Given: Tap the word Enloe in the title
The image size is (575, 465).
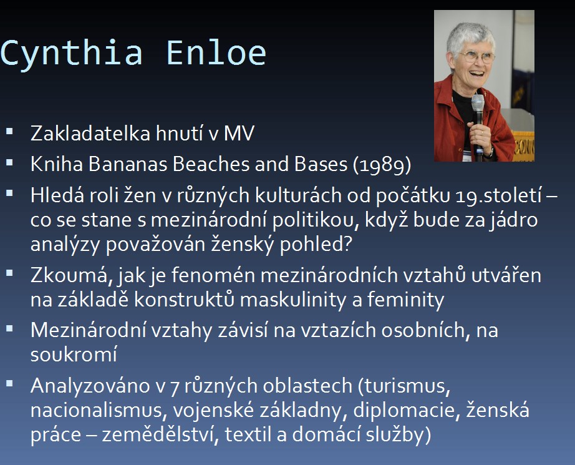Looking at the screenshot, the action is click(x=216, y=53).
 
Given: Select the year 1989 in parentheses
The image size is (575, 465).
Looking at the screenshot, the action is click(x=382, y=165).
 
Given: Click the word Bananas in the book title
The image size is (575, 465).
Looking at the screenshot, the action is click(x=128, y=164).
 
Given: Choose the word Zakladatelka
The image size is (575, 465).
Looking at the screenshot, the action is click(x=90, y=133).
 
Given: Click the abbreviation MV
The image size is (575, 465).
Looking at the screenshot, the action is click(x=239, y=133).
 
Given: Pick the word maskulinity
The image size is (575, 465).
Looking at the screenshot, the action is click(x=292, y=300).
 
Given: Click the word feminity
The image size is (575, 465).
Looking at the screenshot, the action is click(x=405, y=300).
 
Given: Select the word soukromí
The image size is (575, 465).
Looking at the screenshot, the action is click(x=74, y=355).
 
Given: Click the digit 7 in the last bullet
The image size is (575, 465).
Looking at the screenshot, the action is click(x=175, y=387).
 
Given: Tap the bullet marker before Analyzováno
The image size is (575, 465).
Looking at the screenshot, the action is click(x=9, y=384).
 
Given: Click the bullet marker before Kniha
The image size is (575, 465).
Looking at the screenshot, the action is click(x=9, y=162).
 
